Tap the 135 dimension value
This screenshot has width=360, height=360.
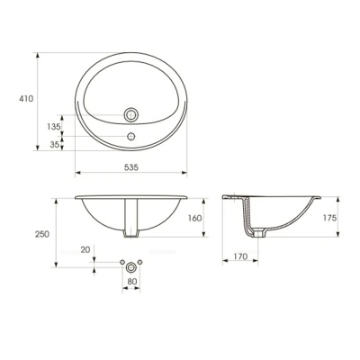[54, 127]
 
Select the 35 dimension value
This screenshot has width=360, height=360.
[55, 144]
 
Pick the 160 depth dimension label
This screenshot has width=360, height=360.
[194, 217]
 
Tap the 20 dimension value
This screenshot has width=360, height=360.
[86, 249]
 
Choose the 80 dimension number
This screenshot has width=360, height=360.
[132, 282]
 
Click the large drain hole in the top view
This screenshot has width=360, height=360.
[132, 114]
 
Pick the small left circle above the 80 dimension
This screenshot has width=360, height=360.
[121, 262]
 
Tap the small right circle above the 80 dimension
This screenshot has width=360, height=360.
[144, 262]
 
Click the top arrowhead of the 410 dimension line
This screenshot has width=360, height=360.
[37, 54]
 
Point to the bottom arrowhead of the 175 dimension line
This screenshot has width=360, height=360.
[315, 239]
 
